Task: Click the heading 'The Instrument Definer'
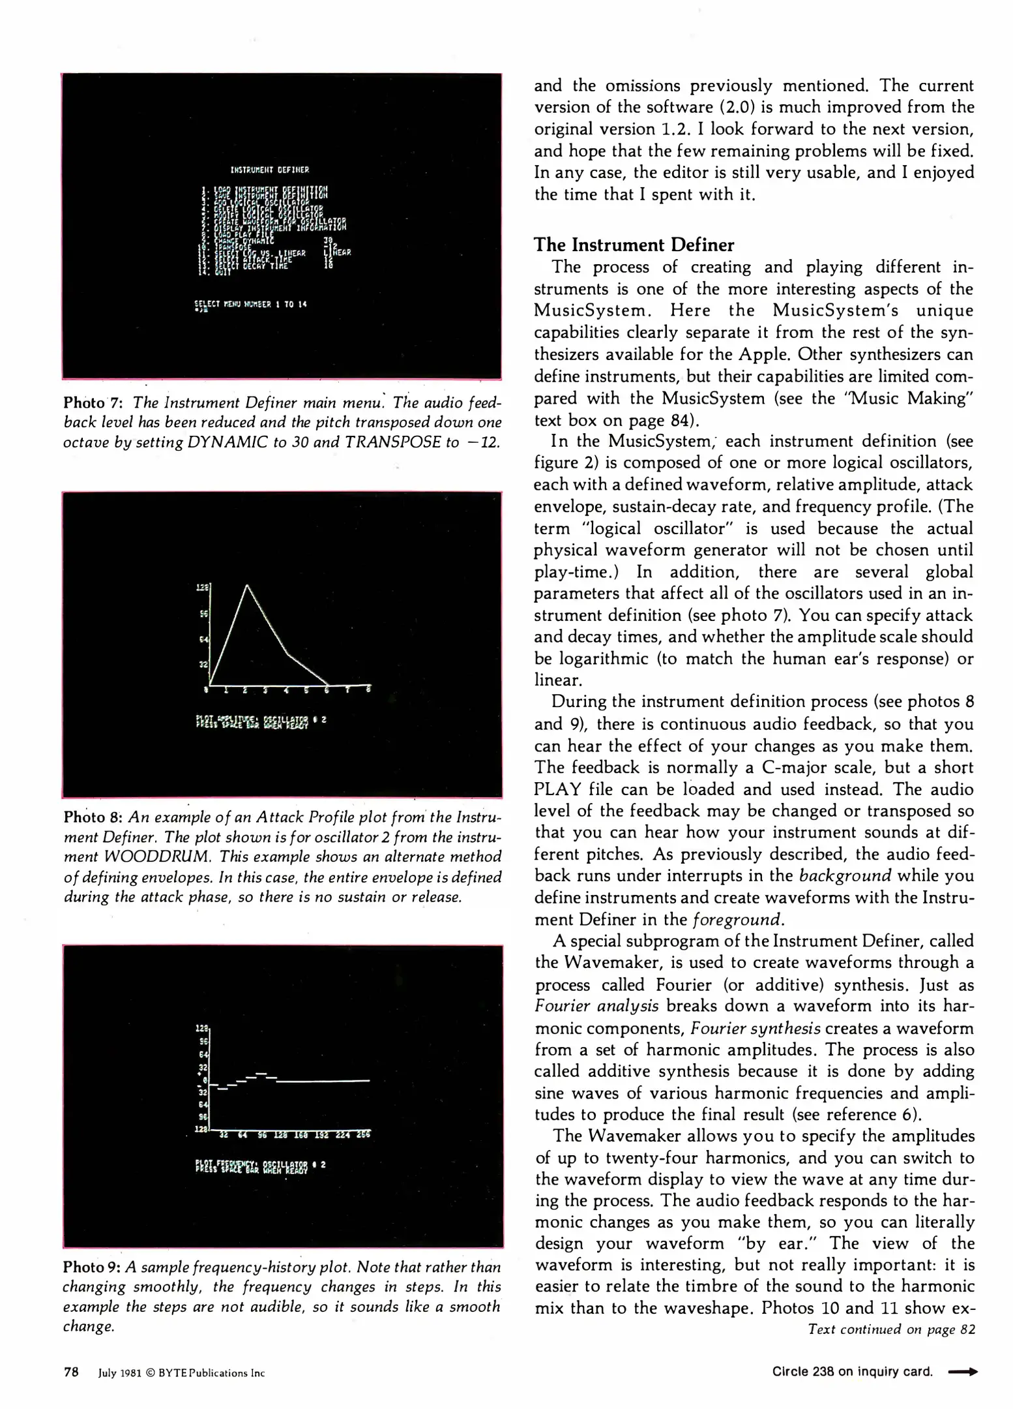(634, 245)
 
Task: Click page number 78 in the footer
(71, 1372)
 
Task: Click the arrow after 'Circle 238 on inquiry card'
(962, 1372)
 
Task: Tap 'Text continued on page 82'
(891, 1329)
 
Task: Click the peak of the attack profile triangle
(247, 586)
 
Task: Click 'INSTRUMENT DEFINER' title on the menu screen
(270, 170)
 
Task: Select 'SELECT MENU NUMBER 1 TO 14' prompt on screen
(250, 304)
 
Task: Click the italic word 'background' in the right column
(845, 876)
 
